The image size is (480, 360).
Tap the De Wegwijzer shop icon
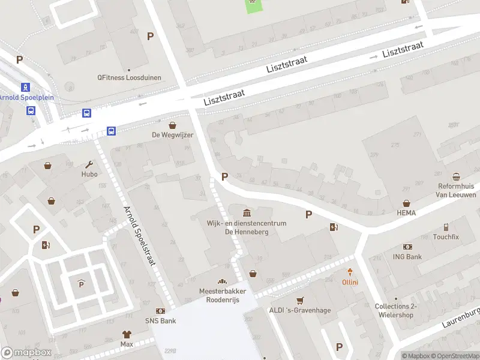(173, 125)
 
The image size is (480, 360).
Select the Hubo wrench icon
(89, 164)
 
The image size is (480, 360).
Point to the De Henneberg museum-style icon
(247, 213)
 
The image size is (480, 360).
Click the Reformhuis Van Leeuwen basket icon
(457, 177)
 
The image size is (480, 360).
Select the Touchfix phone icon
(446, 227)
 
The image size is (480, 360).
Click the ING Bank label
(408, 257)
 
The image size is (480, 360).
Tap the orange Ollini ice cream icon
(350, 272)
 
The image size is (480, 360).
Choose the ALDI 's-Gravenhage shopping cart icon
(301, 300)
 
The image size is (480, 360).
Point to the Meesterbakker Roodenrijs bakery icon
(223, 281)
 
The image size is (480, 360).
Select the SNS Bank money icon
(160, 311)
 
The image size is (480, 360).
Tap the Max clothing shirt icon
(127, 334)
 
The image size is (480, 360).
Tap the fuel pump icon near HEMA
(334, 227)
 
